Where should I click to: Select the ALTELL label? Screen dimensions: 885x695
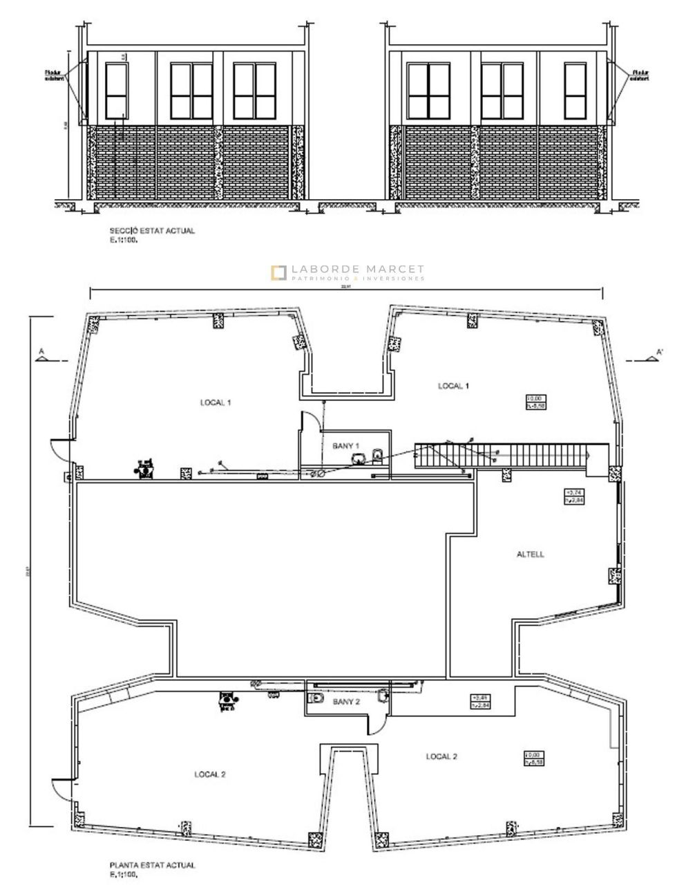[x=531, y=554]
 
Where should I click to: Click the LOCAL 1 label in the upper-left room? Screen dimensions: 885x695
[x=216, y=402]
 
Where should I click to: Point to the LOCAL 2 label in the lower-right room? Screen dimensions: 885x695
[x=441, y=756]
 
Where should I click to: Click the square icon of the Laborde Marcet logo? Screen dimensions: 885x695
[x=278, y=272]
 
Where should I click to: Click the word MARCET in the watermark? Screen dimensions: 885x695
[x=392, y=270]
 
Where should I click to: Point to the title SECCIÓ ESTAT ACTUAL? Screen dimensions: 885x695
[x=152, y=231]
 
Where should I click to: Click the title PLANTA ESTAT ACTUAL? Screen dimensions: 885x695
[x=152, y=865]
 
